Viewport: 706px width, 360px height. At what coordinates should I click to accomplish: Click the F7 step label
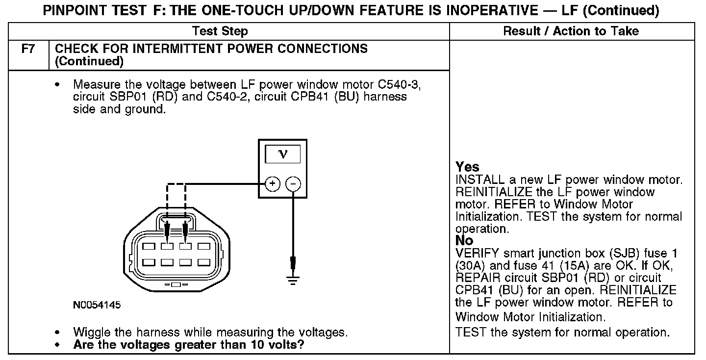pos(27,49)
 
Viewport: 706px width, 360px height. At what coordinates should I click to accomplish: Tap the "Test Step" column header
pos(220,32)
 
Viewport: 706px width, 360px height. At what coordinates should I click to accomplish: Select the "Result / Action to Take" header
pos(571,32)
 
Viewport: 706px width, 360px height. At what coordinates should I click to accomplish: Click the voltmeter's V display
pos(282,154)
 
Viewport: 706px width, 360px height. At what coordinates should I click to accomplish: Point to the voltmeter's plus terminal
pos(272,184)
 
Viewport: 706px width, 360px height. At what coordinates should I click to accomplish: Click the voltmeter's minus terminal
pos(293,184)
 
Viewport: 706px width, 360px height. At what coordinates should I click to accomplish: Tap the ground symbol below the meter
pos(293,281)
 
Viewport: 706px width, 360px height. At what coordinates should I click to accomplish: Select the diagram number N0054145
pos(97,305)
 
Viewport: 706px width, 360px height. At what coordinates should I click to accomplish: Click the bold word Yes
pos(467,167)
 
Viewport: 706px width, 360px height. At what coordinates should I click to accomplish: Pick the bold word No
pos(464,241)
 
